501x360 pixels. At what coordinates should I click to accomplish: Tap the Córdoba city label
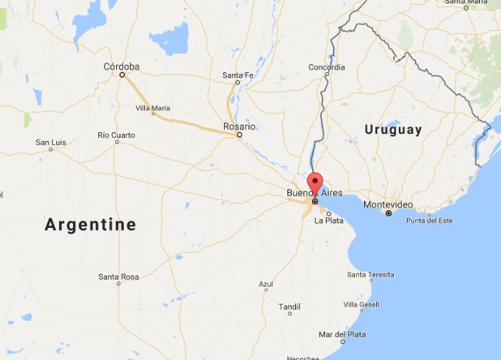122,66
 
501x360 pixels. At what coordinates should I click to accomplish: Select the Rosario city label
239,126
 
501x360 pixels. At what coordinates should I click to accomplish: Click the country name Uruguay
393,130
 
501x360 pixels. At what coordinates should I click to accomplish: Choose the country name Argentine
90,224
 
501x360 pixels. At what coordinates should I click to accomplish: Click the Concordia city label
327,67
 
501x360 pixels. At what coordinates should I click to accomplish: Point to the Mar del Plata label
342,334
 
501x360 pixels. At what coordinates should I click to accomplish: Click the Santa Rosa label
118,276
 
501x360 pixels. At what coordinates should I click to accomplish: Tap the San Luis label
50,143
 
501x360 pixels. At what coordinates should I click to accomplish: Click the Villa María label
152,108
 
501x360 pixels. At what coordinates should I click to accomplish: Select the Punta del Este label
429,221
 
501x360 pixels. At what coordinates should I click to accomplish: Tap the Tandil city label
289,306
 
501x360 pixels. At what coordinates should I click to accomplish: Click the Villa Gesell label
361,305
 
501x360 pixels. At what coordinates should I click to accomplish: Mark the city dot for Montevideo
388,213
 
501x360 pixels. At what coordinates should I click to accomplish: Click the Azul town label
266,285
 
